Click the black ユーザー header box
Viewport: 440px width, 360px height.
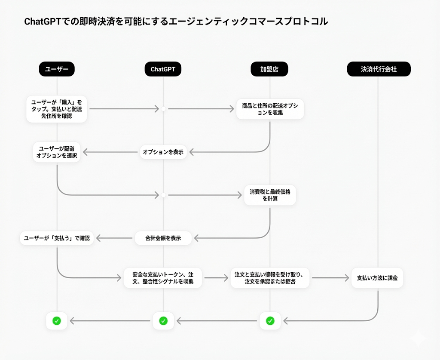click(x=57, y=69)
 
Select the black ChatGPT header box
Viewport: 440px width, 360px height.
click(x=163, y=69)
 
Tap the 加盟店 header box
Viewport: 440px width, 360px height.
click(x=269, y=69)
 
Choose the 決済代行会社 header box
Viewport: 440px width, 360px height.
click(x=379, y=69)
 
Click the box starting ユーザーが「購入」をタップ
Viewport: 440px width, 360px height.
click(x=57, y=109)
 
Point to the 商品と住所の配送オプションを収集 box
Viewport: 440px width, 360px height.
click(x=270, y=109)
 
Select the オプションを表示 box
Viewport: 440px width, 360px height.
click(x=163, y=152)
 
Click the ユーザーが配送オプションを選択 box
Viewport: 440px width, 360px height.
click(x=57, y=152)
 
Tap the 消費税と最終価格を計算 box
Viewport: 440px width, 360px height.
click(x=270, y=195)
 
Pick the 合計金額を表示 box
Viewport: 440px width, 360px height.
click(x=163, y=238)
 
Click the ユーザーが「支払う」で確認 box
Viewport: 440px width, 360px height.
click(x=57, y=238)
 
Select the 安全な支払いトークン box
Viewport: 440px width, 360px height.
click(x=163, y=278)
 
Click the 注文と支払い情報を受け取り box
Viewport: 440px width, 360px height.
click(x=270, y=278)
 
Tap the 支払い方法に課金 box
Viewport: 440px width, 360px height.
click(x=377, y=278)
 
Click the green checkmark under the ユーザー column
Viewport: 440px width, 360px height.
click(x=57, y=320)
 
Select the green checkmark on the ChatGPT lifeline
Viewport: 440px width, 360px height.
click(x=163, y=320)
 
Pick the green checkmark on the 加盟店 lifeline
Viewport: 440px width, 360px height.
click(x=270, y=320)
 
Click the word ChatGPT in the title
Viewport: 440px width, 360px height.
click(x=42, y=22)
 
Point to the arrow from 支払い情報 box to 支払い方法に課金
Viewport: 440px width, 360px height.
click(x=330, y=278)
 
